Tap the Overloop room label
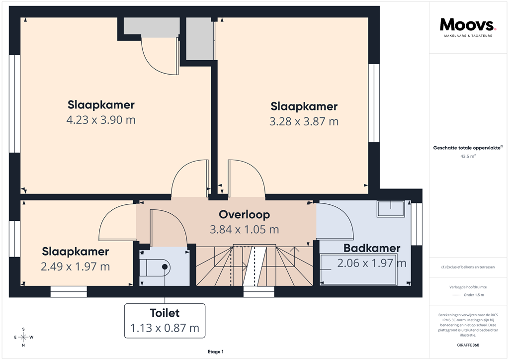click(x=244, y=214)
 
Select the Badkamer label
click(x=371, y=248)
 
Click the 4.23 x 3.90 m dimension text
click(x=101, y=120)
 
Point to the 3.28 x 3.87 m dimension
click(x=304, y=121)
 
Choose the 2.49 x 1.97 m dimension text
click(x=76, y=267)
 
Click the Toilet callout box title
click(x=165, y=313)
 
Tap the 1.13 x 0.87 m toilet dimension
click(x=165, y=328)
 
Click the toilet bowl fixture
click(x=160, y=268)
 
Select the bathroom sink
click(x=390, y=208)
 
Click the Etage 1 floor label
click(x=216, y=352)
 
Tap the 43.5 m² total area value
click(x=468, y=156)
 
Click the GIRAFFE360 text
click(x=468, y=345)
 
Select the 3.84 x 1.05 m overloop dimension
click(x=244, y=229)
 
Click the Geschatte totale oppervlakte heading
click(x=467, y=148)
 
